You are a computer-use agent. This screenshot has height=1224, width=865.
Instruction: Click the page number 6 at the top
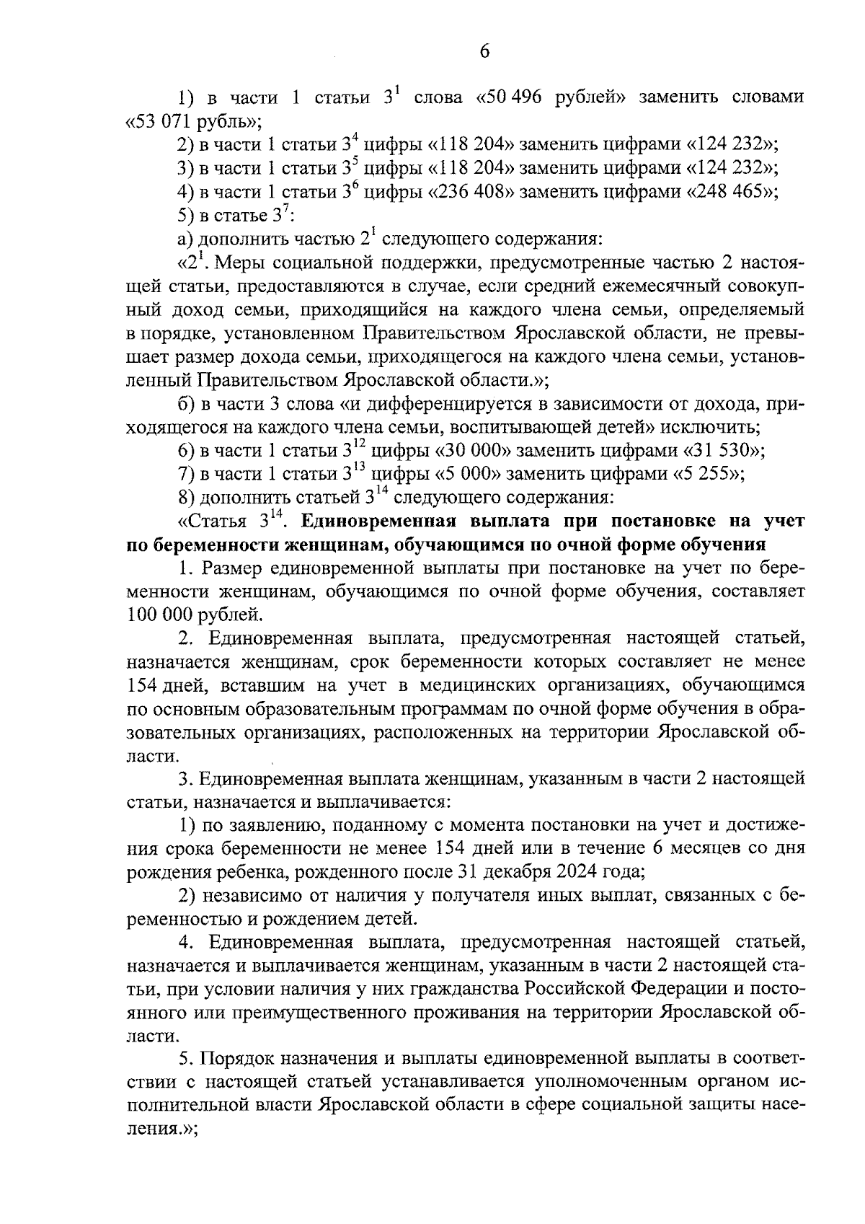484,52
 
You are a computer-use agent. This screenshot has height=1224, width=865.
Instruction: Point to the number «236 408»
469,192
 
